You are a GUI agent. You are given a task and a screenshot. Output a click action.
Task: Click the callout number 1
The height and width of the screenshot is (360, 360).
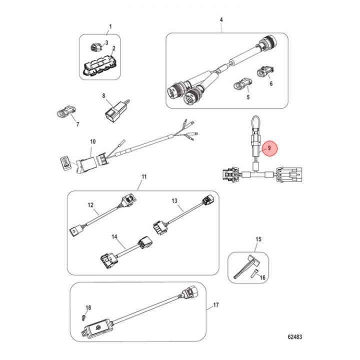pyautogui.click(x=110, y=26)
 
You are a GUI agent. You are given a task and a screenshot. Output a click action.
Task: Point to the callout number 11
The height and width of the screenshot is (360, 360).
pyautogui.click(x=144, y=177)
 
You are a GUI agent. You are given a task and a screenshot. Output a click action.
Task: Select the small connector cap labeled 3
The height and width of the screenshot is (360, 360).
pyautogui.click(x=95, y=48)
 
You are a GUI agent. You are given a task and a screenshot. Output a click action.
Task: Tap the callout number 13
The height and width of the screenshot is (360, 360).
pyautogui.click(x=174, y=200)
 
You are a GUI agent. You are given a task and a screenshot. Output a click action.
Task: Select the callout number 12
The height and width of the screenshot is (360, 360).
pyautogui.click(x=90, y=204)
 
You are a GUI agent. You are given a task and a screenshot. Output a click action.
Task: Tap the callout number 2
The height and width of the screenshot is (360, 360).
pyautogui.click(x=113, y=48)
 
